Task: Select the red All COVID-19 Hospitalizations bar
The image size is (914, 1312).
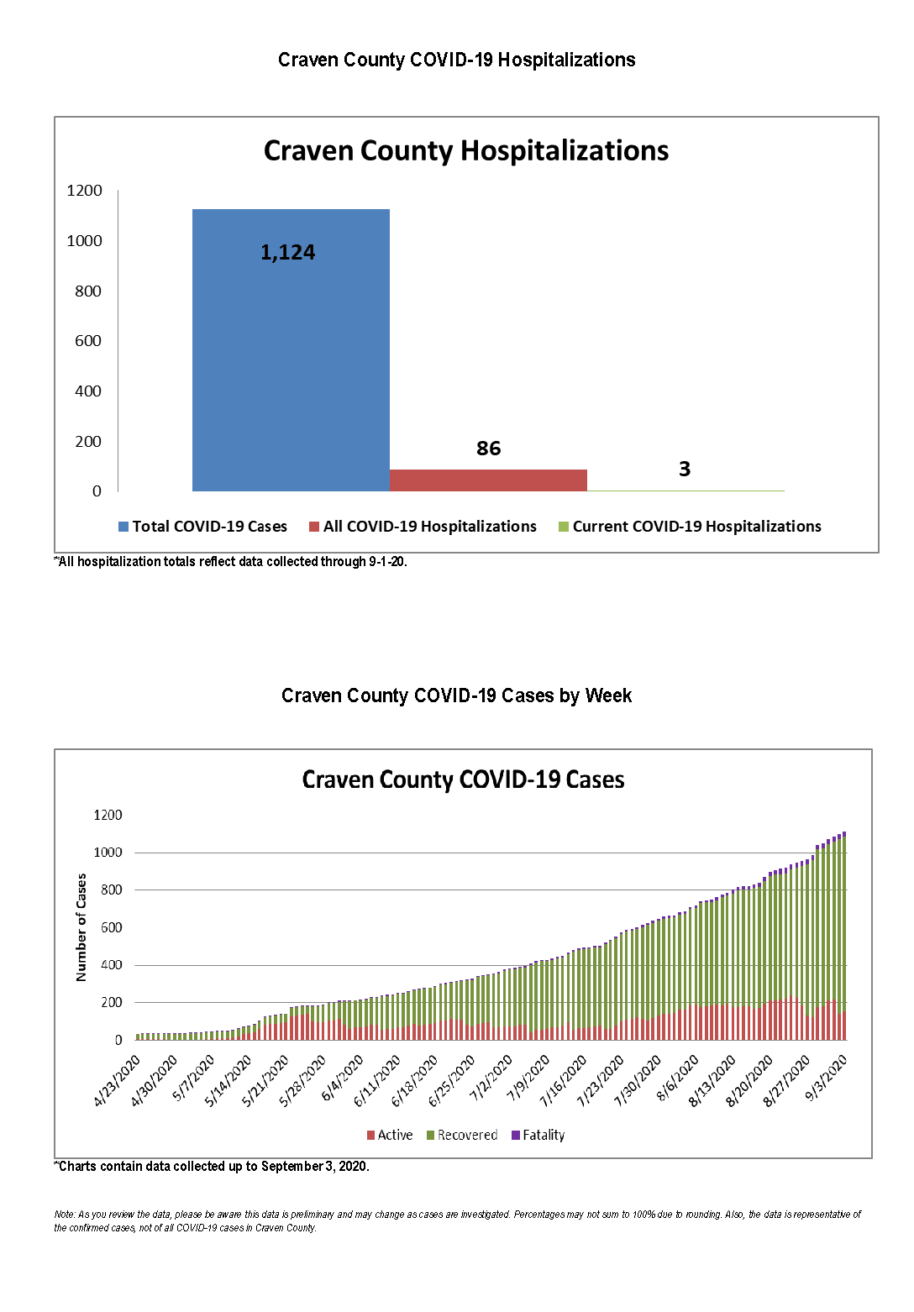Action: (x=488, y=480)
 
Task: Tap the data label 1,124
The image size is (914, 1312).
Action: (x=287, y=253)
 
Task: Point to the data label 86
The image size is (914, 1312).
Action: (x=488, y=449)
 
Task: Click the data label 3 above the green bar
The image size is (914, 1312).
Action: (x=685, y=470)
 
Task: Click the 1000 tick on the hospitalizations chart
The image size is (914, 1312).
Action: (x=84, y=241)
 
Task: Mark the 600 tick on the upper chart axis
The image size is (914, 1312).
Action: (x=88, y=341)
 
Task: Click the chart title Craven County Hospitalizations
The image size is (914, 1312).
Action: (x=466, y=151)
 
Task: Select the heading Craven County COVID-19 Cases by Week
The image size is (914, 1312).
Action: (x=456, y=695)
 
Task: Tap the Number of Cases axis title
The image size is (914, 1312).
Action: (x=81, y=927)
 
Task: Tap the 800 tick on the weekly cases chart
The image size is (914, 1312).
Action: (x=111, y=890)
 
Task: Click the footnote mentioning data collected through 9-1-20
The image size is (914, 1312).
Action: (x=231, y=562)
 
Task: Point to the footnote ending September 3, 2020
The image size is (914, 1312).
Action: (x=213, y=1167)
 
